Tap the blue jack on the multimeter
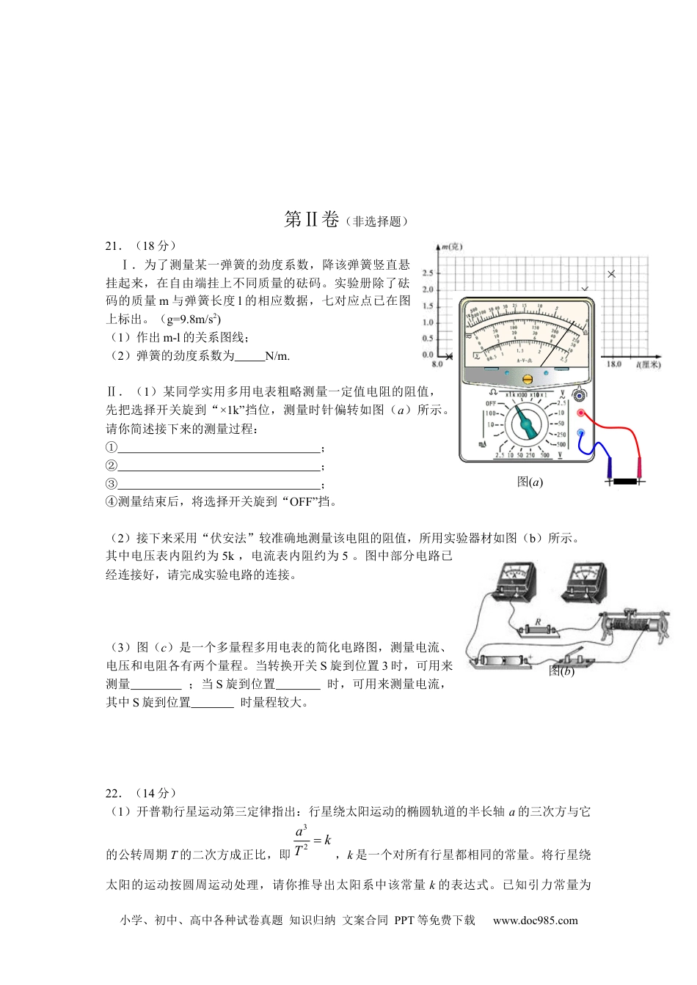tap(580, 433)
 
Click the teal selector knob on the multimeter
tap(526, 424)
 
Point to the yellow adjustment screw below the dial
tap(527, 379)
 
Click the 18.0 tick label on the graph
tap(613, 364)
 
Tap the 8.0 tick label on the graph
tap(437, 364)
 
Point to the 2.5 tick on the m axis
tap(428, 273)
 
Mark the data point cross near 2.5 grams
tap(612, 274)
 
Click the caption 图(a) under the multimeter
tap(530, 482)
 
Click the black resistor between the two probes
tap(624, 482)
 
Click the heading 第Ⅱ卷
tap(311, 219)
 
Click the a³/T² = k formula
tap(312, 841)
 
